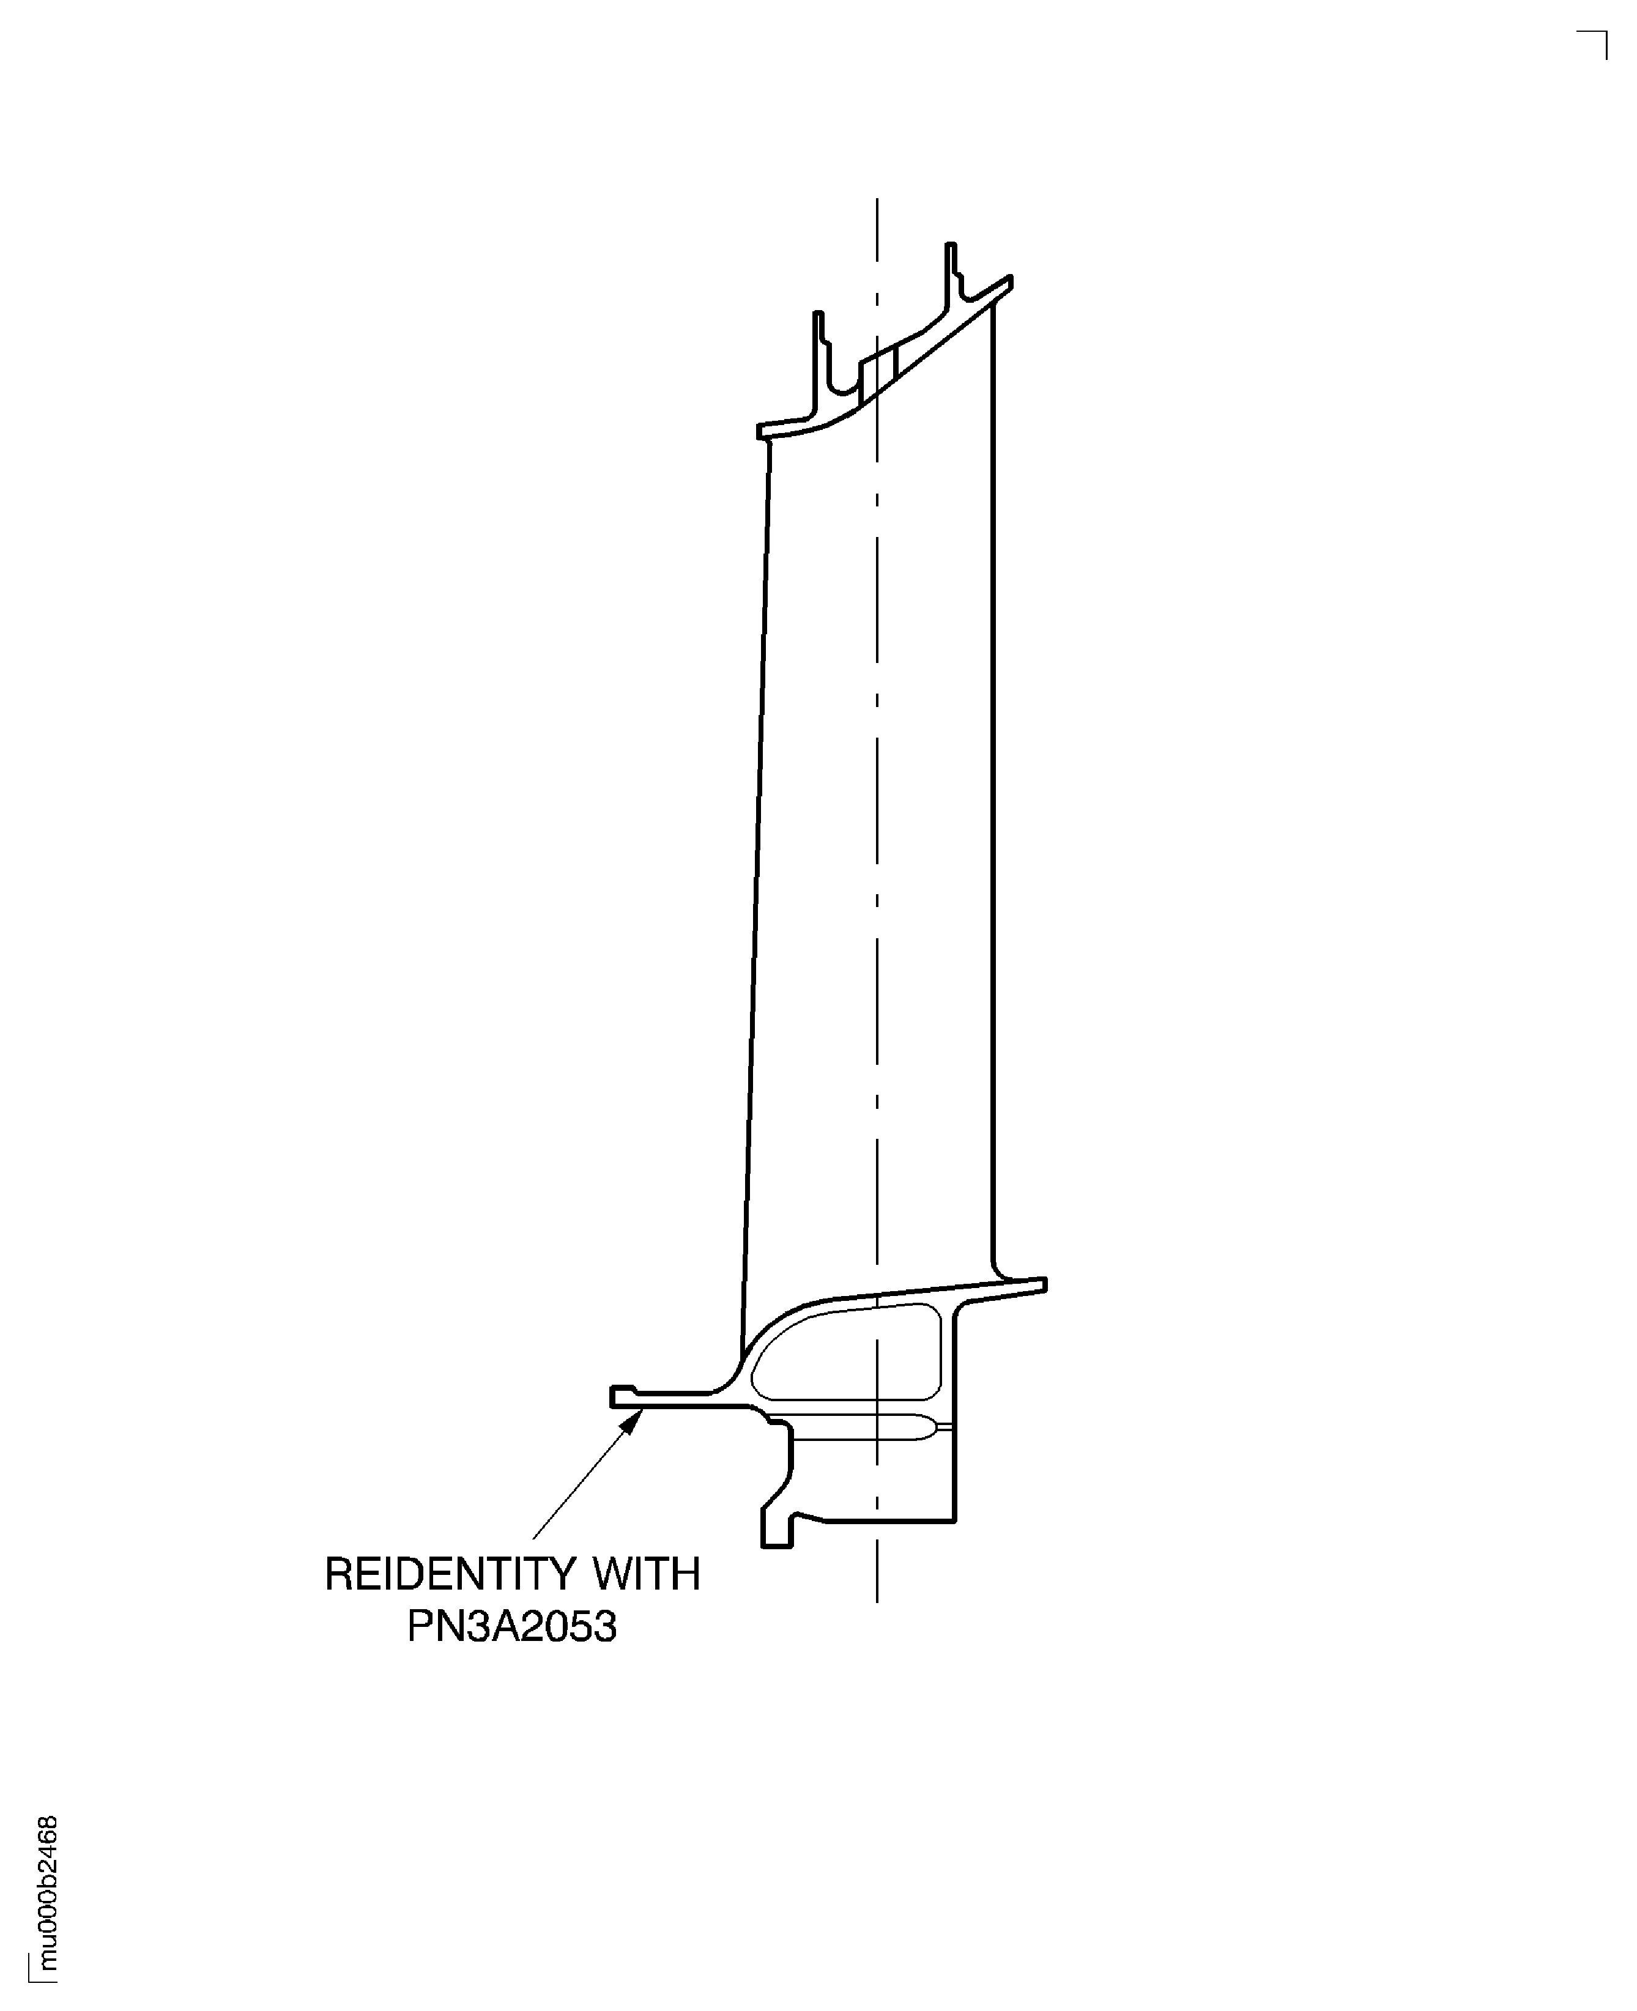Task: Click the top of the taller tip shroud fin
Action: tap(951, 247)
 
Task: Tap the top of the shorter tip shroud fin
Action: tap(818, 316)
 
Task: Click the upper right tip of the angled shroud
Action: tap(1008, 281)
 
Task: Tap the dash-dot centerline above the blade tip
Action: tap(877, 245)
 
